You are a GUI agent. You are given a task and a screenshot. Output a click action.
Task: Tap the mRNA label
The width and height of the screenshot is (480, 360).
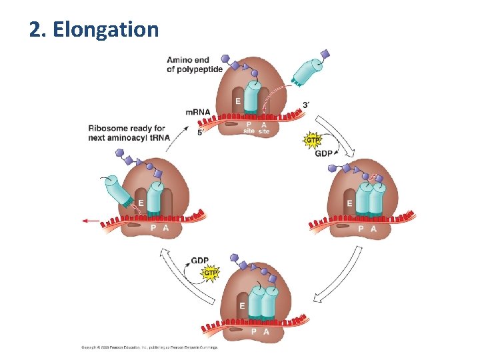(198, 112)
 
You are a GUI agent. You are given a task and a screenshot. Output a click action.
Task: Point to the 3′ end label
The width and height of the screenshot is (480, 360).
(305, 105)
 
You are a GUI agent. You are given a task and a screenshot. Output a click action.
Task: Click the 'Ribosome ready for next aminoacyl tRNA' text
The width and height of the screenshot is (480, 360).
(129, 133)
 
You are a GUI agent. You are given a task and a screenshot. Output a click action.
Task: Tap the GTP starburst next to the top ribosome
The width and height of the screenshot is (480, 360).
(312, 140)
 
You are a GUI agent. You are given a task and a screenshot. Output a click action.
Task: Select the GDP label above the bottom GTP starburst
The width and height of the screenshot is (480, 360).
(200, 261)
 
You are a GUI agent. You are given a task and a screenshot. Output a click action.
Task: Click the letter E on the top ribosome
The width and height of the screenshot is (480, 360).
(237, 101)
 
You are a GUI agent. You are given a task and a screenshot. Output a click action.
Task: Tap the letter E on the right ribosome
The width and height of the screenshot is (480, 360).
(350, 203)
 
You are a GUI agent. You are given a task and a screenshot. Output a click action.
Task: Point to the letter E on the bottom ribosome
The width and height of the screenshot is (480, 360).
(242, 305)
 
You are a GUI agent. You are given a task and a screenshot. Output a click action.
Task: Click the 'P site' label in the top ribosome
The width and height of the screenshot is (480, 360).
(248, 127)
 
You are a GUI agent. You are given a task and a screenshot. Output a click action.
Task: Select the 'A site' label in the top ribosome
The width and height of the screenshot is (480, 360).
(264, 127)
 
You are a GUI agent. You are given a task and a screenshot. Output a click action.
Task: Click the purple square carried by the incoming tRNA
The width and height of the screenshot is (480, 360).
(325, 53)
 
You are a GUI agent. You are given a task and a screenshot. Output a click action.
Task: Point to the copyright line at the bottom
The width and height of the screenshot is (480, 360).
(150, 347)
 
